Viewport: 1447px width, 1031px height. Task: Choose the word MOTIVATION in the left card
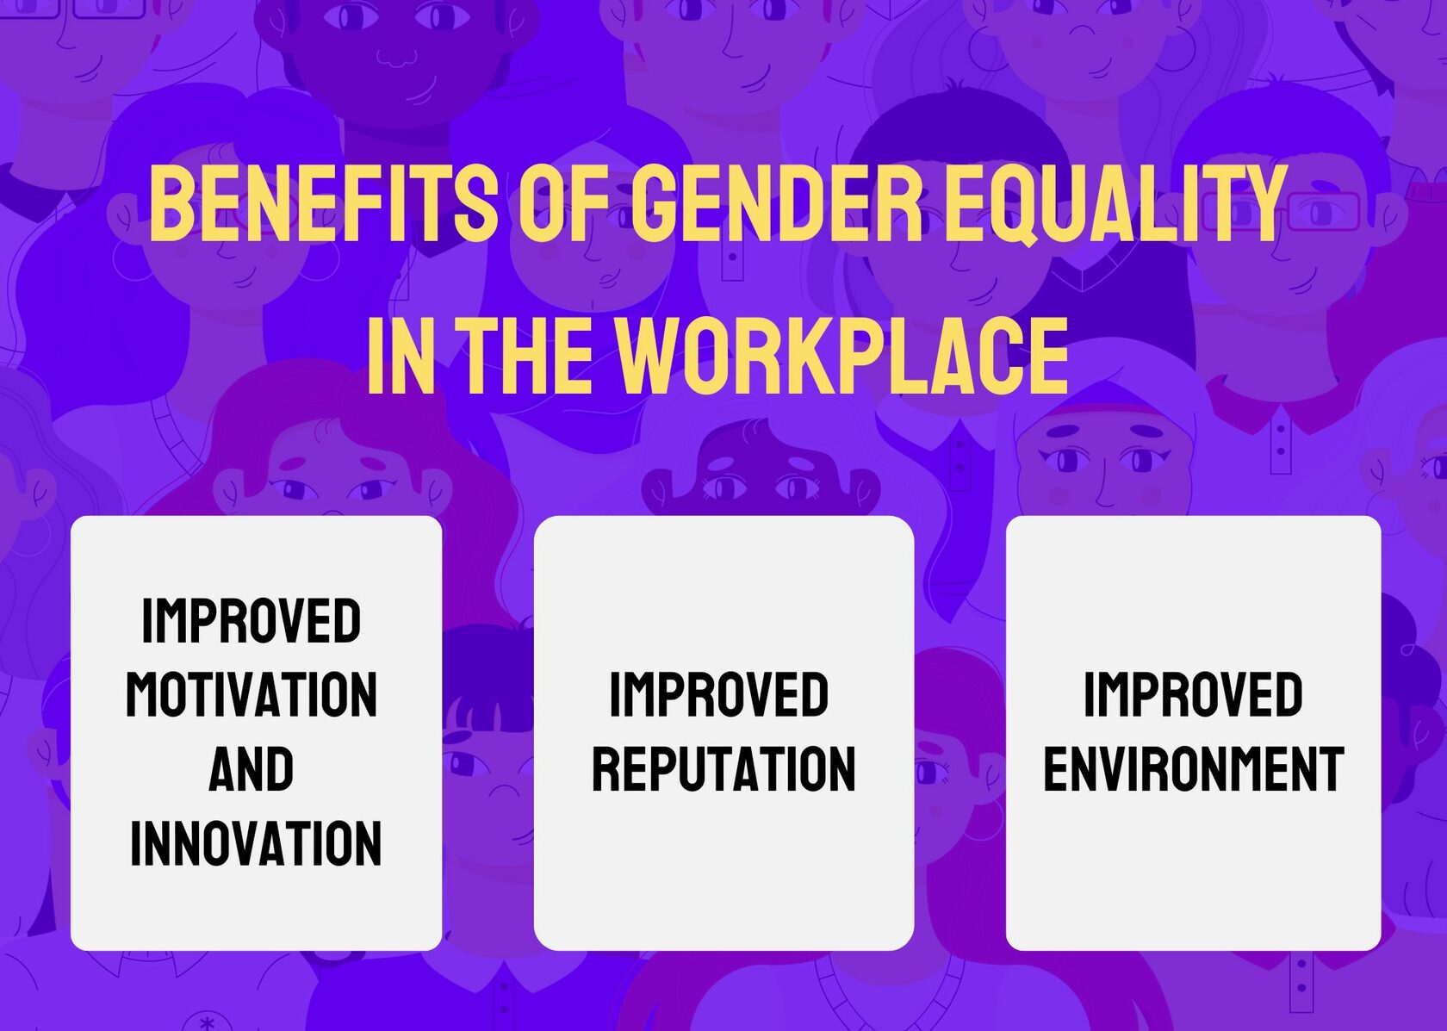pyautogui.click(x=252, y=695)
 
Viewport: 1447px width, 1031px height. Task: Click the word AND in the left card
pyautogui.click(x=252, y=769)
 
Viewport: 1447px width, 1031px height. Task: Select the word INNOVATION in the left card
pyautogui.click(x=256, y=843)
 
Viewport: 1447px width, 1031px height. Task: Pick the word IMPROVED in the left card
pyautogui.click(x=252, y=620)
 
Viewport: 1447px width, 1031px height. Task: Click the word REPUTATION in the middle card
pyautogui.click(x=723, y=769)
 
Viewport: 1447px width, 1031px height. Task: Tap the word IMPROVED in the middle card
pyautogui.click(x=719, y=695)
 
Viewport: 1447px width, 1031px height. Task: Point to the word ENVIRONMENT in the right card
pyautogui.click(x=1194, y=769)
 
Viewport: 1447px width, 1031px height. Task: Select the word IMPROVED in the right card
pyautogui.click(x=1193, y=695)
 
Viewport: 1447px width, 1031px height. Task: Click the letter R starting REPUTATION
pyautogui.click(x=606, y=769)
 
